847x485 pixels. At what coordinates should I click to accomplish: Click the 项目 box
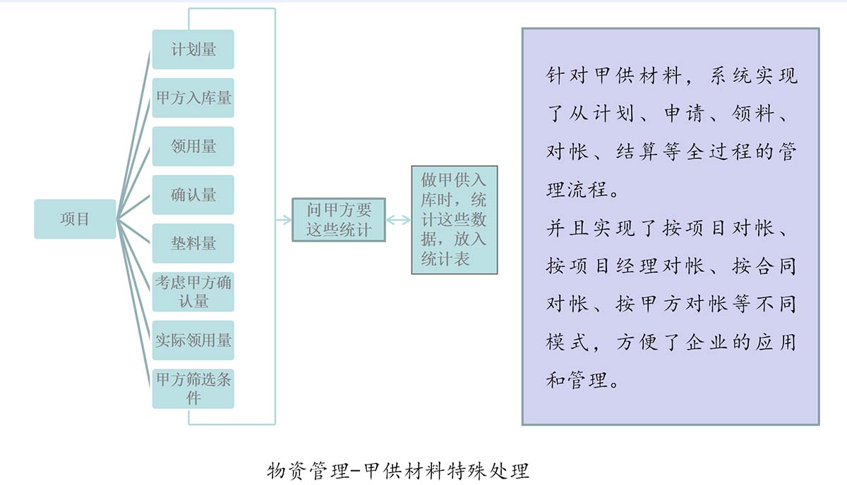pyautogui.click(x=75, y=219)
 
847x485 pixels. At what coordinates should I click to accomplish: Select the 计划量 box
pyautogui.click(x=193, y=49)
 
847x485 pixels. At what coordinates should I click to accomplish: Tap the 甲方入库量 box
pyautogui.click(x=193, y=98)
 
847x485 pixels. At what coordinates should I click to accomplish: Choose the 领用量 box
pyautogui.click(x=193, y=146)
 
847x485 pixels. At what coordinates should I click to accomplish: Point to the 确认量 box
pyautogui.click(x=193, y=195)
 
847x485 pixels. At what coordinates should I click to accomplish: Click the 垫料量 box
pyautogui.click(x=193, y=243)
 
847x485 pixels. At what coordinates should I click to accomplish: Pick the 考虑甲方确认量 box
pyautogui.click(x=193, y=292)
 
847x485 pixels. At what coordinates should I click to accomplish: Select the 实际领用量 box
pyautogui.click(x=193, y=340)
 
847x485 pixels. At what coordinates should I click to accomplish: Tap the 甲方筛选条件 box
pyautogui.click(x=193, y=388)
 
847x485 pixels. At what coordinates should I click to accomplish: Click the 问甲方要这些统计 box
pyautogui.click(x=339, y=220)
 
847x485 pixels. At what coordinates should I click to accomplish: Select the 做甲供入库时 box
pyautogui.click(x=455, y=220)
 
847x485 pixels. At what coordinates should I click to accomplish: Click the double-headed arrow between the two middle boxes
pyautogui.click(x=399, y=220)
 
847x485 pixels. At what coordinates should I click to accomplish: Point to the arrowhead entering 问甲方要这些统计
pyautogui.click(x=287, y=220)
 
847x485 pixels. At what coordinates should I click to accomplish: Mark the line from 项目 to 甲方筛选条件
pyautogui.click(x=134, y=303)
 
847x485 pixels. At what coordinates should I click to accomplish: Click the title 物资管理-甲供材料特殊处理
pyautogui.click(x=398, y=471)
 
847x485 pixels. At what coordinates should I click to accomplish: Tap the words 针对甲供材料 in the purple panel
pyautogui.click(x=613, y=75)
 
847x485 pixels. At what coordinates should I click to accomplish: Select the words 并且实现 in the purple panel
pyautogui.click(x=590, y=228)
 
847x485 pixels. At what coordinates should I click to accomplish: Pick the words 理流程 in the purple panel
pyautogui.click(x=577, y=190)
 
